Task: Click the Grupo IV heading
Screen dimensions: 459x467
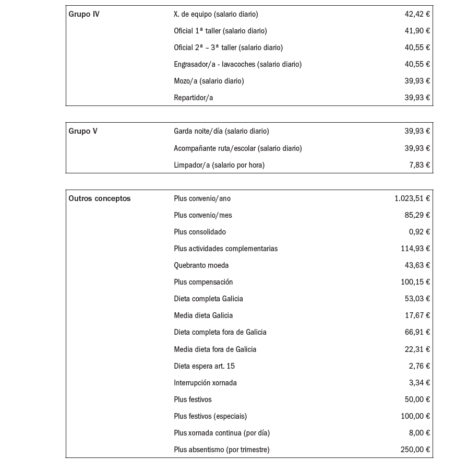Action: [x=84, y=14]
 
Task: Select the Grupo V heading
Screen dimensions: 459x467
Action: [x=83, y=131]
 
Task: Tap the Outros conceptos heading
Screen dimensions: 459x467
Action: [x=100, y=198]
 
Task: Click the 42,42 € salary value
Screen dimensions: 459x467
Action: [x=417, y=14]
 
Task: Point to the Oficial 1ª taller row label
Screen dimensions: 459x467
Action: [x=220, y=31]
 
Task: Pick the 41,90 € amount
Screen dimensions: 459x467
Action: [x=417, y=31]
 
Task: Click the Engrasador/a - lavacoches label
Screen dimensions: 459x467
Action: [x=237, y=64]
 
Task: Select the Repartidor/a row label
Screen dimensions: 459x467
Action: [x=193, y=98]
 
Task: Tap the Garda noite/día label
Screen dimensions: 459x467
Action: [x=221, y=131]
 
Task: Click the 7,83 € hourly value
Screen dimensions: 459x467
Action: [x=420, y=165]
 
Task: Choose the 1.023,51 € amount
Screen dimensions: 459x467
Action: [x=412, y=198]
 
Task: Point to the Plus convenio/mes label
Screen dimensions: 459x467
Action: [x=203, y=215]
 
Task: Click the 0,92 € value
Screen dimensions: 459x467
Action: [x=420, y=232]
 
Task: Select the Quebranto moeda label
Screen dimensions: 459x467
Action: [x=201, y=265]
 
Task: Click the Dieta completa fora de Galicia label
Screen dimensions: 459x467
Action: [x=220, y=332]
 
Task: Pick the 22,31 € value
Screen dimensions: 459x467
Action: [x=417, y=349]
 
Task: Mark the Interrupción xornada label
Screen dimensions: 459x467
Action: [x=205, y=383]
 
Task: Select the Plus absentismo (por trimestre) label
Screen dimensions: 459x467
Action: [x=222, y=450]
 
